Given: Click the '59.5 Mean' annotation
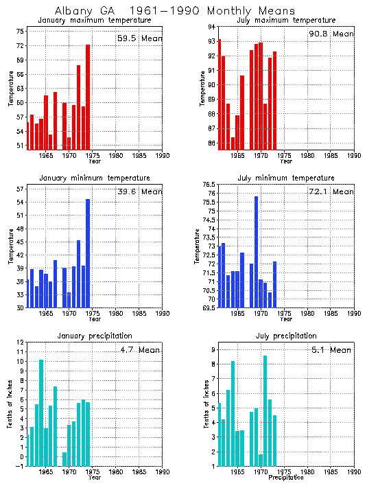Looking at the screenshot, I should pos(139,38).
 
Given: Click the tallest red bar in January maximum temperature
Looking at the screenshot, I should pos(88,96).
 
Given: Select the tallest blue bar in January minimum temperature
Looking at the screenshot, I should pos(88,253).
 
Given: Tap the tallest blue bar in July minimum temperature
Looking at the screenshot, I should pos(256,252).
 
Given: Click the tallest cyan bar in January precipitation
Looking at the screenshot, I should pos(41,413).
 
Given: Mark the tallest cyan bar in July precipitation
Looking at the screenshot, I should pos(265,410).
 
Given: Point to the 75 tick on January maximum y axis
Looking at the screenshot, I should pos(21,32).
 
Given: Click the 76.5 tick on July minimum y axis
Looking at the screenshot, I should pos(206,185).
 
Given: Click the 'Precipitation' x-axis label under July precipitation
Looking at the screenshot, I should pos(286,478).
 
